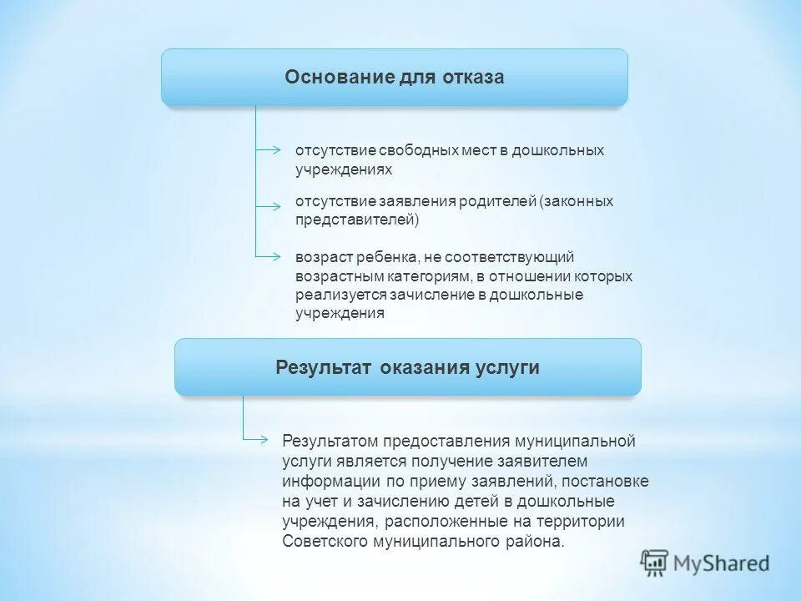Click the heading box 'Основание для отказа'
[x=394, y=77]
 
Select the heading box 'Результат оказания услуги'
[x=407, y=367]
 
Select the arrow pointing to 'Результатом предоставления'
[x=260, y=439]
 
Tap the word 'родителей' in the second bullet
[x=496, y=202]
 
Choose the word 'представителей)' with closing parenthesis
[x=357, y=220]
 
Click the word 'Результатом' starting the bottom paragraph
[x=331, y=442]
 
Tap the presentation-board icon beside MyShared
[x=654, y=563]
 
